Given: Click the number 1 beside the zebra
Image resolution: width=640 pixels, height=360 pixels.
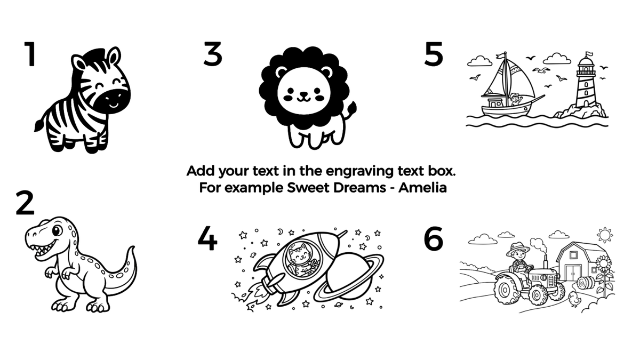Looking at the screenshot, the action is point(30,54).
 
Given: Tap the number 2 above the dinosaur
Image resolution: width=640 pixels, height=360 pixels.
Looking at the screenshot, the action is point(25,203).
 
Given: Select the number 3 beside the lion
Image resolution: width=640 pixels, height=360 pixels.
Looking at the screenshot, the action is point(213,54).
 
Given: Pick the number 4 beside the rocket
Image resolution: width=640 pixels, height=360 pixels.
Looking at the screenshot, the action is point(207,238).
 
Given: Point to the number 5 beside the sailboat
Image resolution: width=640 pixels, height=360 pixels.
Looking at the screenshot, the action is point(434,54).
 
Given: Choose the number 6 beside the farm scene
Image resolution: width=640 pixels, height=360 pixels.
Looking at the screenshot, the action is point(434,238).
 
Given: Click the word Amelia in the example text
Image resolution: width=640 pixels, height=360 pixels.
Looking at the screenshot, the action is point(422,188).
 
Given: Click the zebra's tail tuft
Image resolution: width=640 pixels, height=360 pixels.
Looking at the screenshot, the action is point(38,125).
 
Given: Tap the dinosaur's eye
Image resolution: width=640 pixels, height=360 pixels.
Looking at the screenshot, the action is point(57,230).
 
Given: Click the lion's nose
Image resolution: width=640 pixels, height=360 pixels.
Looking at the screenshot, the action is point(303,94).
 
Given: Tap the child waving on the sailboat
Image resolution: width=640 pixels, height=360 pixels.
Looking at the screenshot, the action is point(515,99).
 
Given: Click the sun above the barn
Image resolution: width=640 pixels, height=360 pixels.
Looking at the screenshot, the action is point(605,235).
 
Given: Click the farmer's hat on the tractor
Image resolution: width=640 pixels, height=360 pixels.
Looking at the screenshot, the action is point(518,249).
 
